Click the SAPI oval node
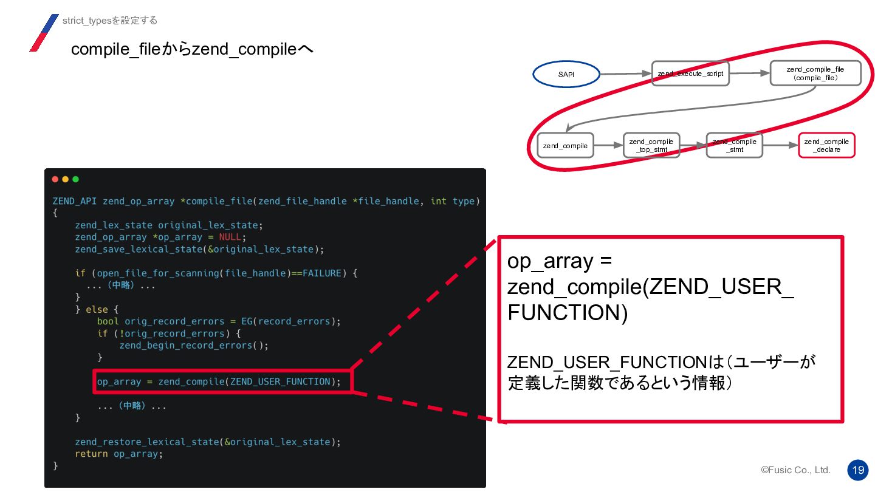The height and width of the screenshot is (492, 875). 566,75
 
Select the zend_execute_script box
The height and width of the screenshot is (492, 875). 690,74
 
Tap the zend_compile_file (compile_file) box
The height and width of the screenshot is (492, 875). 815,74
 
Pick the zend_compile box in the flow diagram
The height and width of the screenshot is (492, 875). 565,146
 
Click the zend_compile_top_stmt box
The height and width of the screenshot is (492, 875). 651,146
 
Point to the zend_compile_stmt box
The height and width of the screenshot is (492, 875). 734,146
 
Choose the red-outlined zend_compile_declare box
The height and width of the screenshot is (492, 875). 826,146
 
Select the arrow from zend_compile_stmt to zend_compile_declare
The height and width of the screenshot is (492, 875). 780,146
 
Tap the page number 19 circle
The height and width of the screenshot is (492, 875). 858,470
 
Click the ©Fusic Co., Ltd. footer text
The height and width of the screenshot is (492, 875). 795,470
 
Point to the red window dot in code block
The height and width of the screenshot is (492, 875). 55,179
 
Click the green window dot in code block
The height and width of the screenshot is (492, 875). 75,179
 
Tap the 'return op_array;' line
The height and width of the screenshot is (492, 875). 119,454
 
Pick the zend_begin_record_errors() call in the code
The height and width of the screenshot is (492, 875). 193,346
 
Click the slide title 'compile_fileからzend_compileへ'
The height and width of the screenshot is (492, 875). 192,49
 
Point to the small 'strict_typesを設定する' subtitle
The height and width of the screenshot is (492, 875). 110,21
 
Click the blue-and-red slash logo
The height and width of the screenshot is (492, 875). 44,33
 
